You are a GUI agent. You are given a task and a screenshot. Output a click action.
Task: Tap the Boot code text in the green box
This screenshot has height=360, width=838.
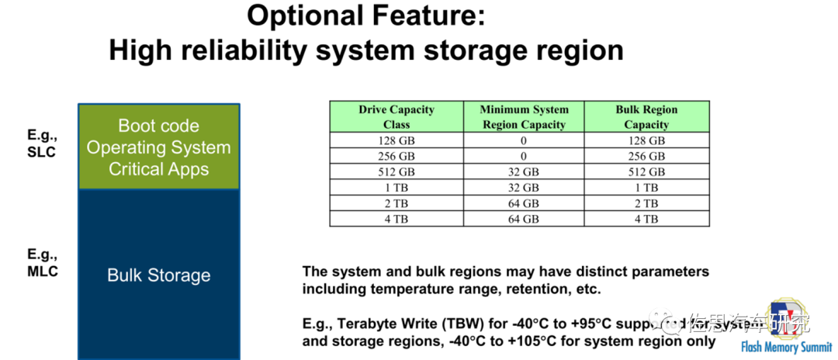[158, 126]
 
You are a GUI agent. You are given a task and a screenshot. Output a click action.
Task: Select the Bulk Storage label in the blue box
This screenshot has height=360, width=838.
[158, 275]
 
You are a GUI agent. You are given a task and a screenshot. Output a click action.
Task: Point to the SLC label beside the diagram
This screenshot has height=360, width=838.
[40, 152]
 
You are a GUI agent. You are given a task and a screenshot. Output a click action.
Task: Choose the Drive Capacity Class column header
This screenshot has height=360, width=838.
[396, 116]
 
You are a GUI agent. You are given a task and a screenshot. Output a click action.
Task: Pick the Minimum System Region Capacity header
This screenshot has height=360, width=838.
[524, 116]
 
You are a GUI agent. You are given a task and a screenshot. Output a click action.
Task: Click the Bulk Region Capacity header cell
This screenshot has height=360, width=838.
[646, 116]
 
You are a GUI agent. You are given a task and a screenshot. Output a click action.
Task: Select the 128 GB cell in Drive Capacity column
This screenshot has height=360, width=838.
[396, 140]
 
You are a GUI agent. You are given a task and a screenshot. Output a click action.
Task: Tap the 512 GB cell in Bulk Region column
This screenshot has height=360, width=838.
[646, 171]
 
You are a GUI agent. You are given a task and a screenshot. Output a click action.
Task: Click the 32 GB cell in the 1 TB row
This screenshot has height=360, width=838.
[524, 187]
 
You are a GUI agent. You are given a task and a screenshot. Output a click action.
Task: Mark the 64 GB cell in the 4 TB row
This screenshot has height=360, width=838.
[524, 219]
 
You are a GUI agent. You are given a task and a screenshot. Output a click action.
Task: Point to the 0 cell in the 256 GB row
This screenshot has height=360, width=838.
[524, 156]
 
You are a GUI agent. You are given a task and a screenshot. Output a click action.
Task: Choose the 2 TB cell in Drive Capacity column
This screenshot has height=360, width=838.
[396, 203]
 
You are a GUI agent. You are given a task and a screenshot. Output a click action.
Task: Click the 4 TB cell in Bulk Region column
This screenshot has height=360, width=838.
[646, 219]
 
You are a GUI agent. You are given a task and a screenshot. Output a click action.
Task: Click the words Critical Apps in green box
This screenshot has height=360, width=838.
[158, 169]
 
